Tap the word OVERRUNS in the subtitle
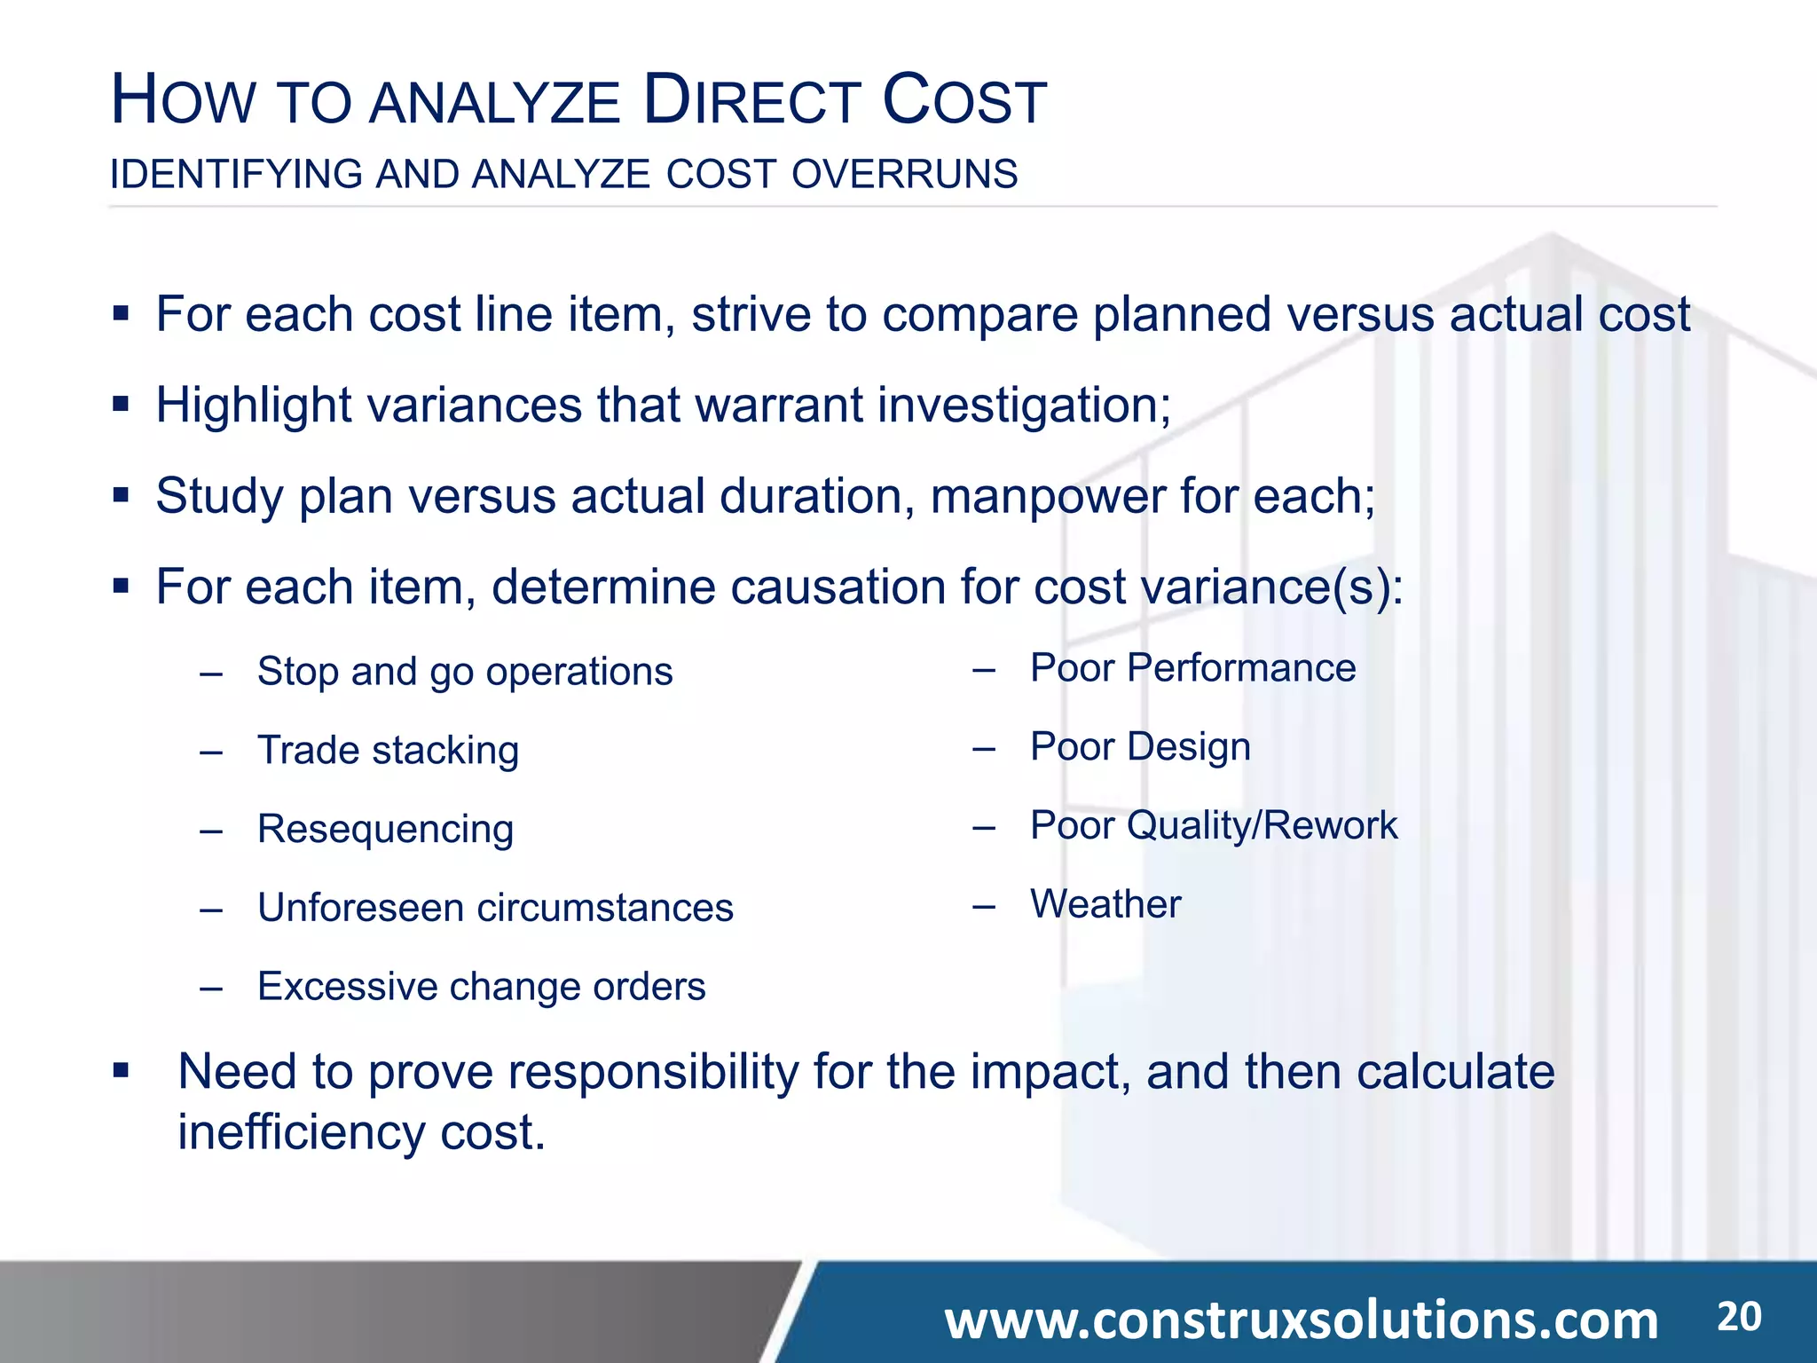tap(904, 174)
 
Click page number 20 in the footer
tap(1739, 1317)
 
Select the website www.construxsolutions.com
tap(1301, 1320)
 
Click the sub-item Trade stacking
tap(388, 751)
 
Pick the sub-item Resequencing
tap(385, 830)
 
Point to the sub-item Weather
tap(1105, 904)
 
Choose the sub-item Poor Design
tap(1140, 747)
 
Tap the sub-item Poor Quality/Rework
tap(1213, 826)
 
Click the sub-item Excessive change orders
tap(481, 987)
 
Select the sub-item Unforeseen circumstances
tap(495, 908)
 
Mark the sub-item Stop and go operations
tap(465, 672)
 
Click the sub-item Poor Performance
tap(1192, 668)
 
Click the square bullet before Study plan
tap(122, 494)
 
